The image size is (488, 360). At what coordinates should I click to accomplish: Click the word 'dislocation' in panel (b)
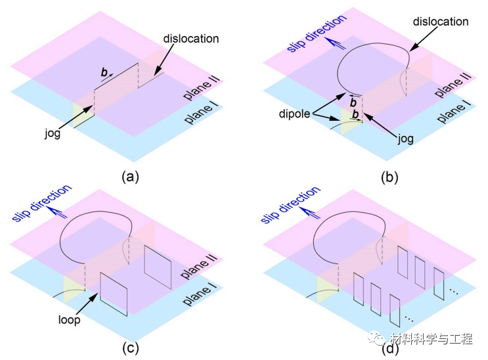coord(441,22)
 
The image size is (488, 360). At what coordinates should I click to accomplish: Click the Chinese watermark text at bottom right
coord(431,339)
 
